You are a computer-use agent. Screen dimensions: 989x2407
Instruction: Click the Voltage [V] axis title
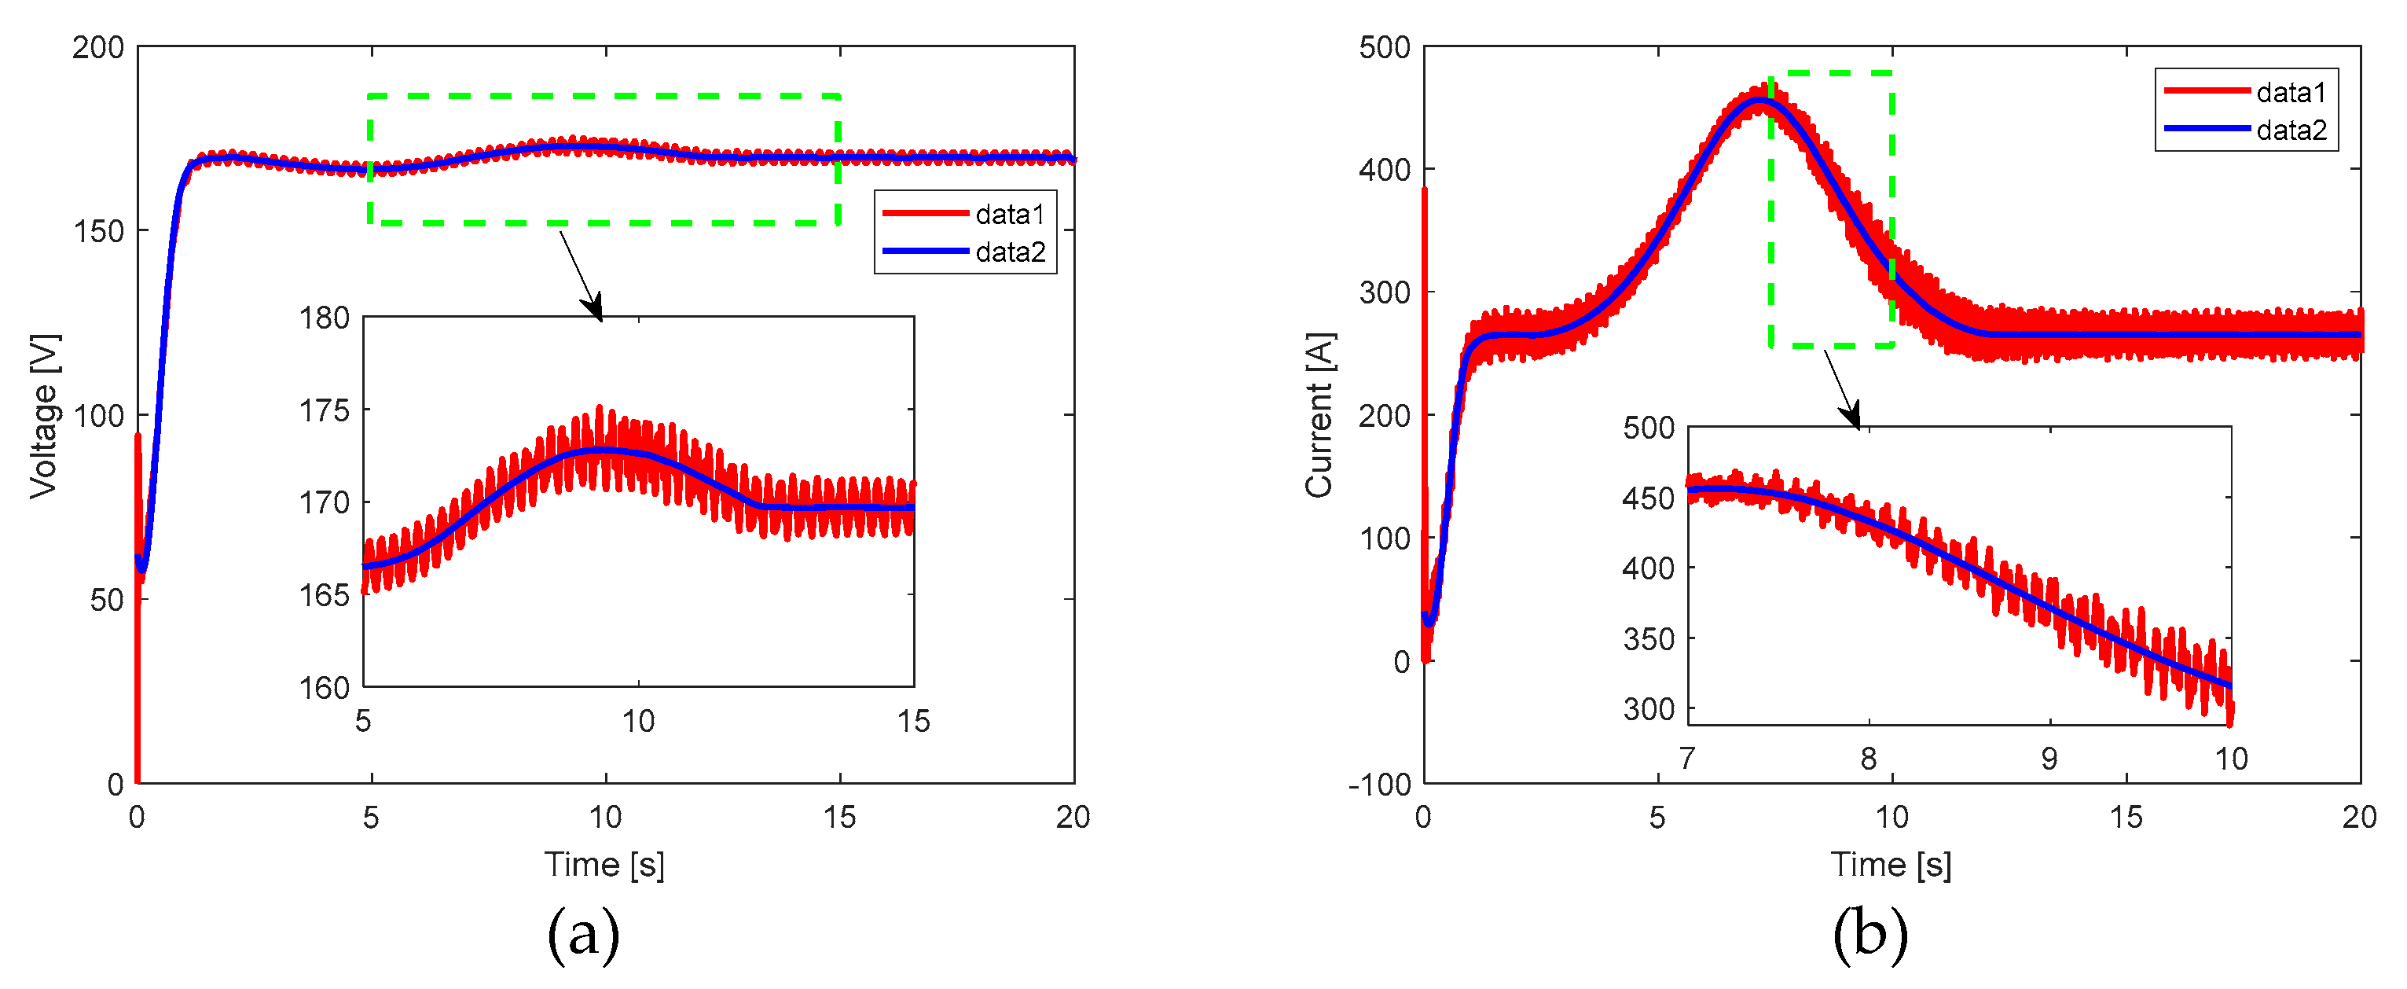coord(44,415)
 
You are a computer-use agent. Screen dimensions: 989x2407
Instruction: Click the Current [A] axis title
coord(1319,415)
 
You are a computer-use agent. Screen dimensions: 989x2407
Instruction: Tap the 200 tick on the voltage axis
coord(98,48)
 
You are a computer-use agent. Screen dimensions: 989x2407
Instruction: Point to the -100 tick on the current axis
coord(1379,785)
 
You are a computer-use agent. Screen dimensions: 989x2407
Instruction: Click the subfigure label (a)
coord(583,935)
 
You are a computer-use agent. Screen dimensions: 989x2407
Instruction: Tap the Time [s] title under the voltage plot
coord(604,865)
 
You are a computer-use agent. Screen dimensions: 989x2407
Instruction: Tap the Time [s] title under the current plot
coord(1890,865)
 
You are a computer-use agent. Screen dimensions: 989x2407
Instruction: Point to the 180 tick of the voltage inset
coord(325,318)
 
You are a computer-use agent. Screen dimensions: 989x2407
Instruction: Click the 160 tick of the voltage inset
coord(325,688)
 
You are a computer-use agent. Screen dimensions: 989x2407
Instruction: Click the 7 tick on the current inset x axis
coord(1686,758)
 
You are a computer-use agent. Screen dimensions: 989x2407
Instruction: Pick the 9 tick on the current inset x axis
coord(2049,758)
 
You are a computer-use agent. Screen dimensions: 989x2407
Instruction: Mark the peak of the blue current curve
coord(1759,99)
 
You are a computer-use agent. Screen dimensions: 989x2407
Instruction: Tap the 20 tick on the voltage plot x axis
coord(1073,818)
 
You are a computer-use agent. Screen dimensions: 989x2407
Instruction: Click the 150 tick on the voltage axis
coord(98,231)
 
